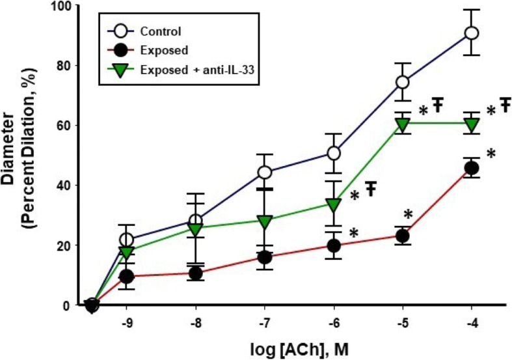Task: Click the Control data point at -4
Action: [x=472, y=33]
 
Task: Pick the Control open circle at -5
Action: [x=403, y=82]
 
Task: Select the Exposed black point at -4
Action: [x=472, y=168]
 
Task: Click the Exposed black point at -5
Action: [x=403, y=236]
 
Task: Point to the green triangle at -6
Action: [x=334, y=204]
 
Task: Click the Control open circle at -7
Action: [x=265, y=173]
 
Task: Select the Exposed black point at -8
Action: [x=195, y=273]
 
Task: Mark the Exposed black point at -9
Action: [x=127, y=277]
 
